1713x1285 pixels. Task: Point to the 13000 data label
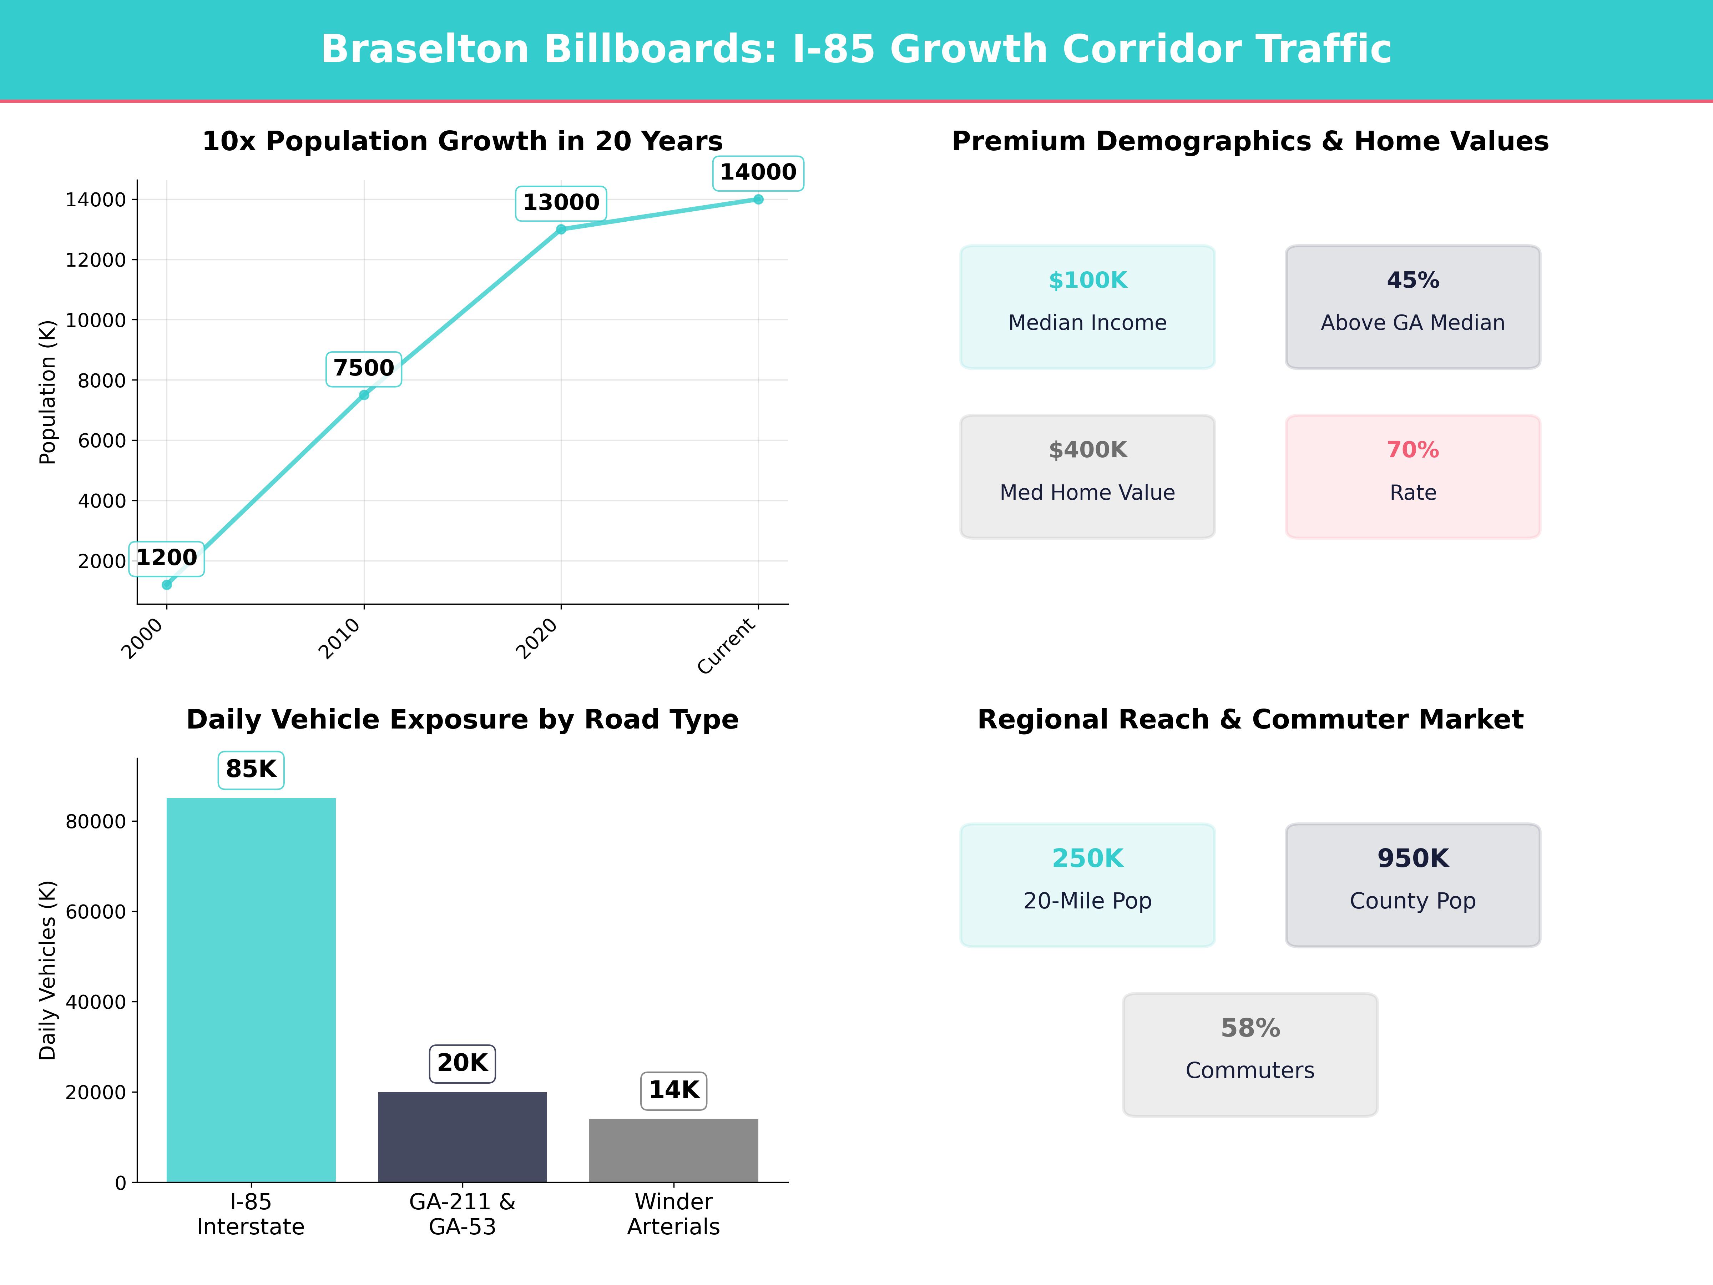pos(561,203)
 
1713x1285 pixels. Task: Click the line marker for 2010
pos(364,395)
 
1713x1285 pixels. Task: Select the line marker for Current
pos(758,200)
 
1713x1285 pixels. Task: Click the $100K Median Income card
pos(1087,307)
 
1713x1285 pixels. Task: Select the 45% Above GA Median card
pos(1413,307)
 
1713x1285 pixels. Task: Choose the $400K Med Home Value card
pos(1087,477)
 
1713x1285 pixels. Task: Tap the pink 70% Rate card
pos(1413,477)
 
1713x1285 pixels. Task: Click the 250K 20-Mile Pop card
pos(1087,885)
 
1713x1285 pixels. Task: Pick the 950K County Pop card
pos(1413,885)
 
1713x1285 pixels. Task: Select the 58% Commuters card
pos(1250,1054)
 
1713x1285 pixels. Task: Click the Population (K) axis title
pos(48,392)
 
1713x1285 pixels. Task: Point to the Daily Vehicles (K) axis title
pos(48,970)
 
